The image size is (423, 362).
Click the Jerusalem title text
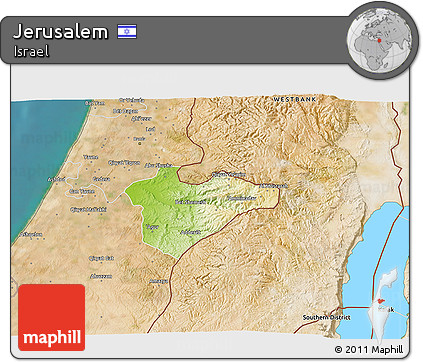click(x=60, y=32)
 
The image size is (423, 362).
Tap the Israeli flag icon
click(x=127, y=32)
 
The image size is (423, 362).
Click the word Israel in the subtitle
click(x=32, y=53)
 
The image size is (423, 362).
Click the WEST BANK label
click(x=297, y=100)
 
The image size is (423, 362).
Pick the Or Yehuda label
click(x=127, y=112)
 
